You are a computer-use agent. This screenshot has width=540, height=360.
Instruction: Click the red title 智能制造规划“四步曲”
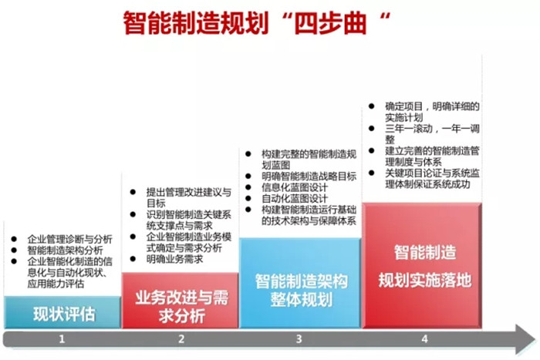tap(257, 23)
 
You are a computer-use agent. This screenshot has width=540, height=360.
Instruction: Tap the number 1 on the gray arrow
tap(62, 339)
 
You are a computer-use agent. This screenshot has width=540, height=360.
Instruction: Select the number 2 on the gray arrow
tap(181, 339)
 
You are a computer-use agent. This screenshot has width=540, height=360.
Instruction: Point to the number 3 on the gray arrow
tap(299, 339)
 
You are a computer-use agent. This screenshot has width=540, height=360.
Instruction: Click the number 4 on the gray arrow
tap(424, 339)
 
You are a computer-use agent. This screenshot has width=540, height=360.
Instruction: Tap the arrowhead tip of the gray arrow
tap(537, 339)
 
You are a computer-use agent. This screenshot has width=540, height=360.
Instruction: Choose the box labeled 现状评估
tap(62, 312)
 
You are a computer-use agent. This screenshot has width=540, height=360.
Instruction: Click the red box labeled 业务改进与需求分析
tap(180, 301)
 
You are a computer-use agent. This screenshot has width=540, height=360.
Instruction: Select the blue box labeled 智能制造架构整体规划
tap(300, 283)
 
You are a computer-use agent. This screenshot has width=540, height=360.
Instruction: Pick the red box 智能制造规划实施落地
tap(422, 265)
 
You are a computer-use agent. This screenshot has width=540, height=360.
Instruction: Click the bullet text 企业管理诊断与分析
tap(70, 239)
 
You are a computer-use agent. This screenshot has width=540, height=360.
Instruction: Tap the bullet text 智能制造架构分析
tap(65, 251)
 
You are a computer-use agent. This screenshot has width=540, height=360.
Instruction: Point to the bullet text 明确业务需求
tap(174, 259)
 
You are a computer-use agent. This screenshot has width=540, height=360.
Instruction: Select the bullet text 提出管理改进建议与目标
tap(188, 197)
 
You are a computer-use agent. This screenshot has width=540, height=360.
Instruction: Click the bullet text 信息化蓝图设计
tap(295, 187)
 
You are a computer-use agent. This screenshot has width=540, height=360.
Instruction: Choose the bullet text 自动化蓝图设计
tap(295, 199)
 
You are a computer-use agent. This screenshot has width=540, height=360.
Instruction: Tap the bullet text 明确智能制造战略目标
tap(309, 177)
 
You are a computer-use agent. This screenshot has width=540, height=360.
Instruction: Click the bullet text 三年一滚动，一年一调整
tap(432, 134)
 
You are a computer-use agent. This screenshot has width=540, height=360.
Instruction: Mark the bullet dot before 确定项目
tap(371, 106)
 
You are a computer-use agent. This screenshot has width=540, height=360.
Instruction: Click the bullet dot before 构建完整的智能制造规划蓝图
tap(248, 154)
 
